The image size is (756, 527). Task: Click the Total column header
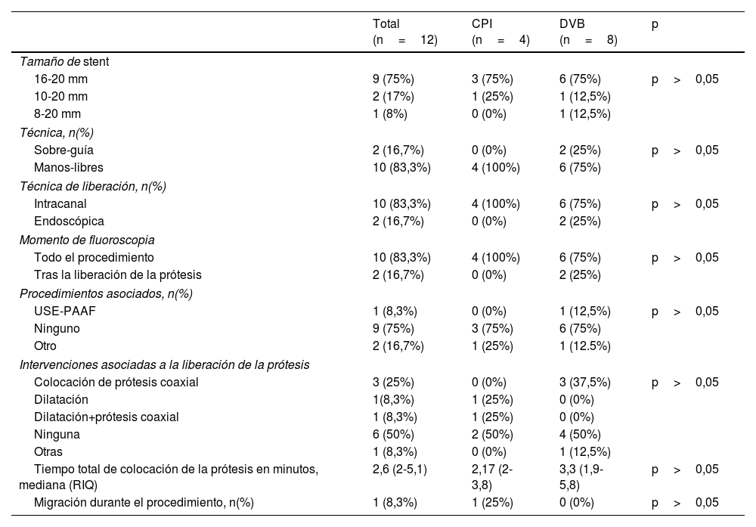pyautogui.click(x=386, y=24)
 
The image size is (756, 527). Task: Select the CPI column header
pyautogui.click(x=482, y=24)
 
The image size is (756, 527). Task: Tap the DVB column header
pyautogui.click(x=572, y=24)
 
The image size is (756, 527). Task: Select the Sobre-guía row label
pyautogui.click(x=64, y=150)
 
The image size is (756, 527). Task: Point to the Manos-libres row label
pyautogui.click(x=69, y=167)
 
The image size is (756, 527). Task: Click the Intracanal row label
pyautogui.click(x=60, y=203)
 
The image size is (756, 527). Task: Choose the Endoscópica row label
pyautogui.click(x=69, y=221)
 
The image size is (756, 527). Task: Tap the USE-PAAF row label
pyautogui.click(x=65, y=311)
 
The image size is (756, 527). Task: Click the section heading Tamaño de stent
pyautogui.click(x=64, y=62)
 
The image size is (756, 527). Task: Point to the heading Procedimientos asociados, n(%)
pyautogui.click(x=105, y=294)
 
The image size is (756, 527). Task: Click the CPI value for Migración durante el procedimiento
pyautogui.click(x=492, y=502)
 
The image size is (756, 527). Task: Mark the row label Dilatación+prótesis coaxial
pyautogui.click(x=106, y=417)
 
